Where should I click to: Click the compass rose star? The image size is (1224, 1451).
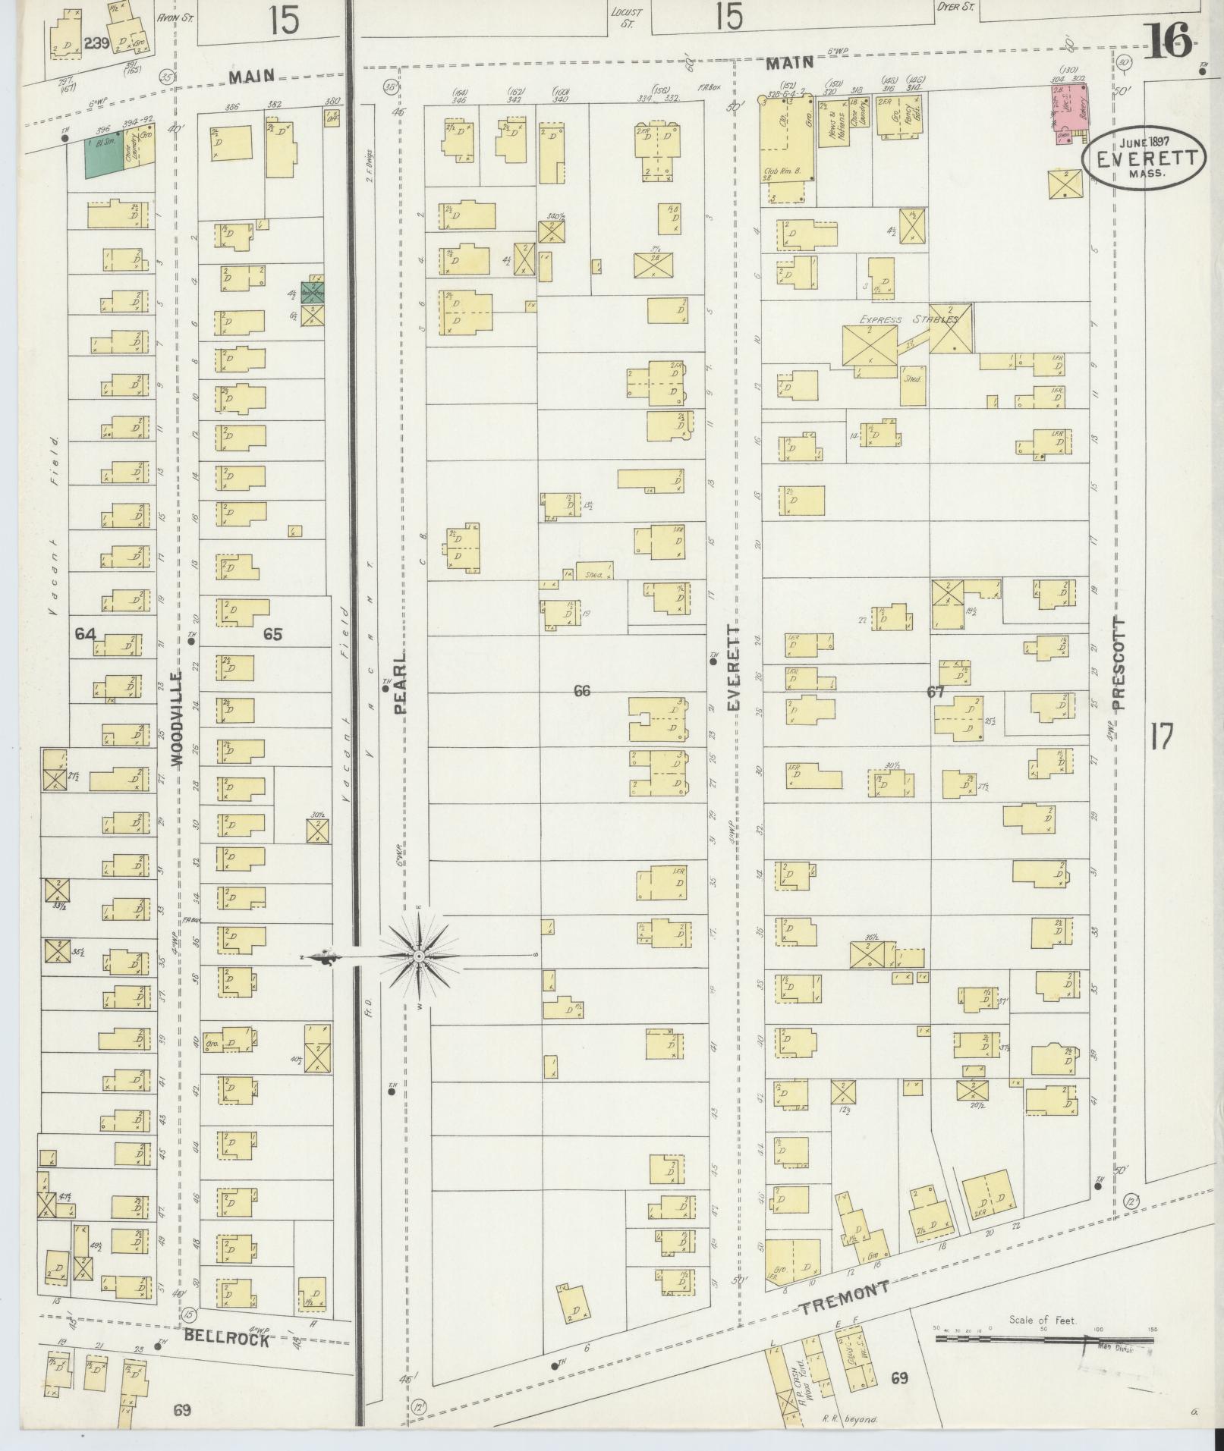[x=418, y=957]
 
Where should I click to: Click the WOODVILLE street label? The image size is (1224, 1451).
[x=178, y=719]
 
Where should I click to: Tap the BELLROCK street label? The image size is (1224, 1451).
[x=225, y=1340]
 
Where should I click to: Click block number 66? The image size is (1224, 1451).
[x=582, y=690]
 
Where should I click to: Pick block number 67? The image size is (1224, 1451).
[x=935, y=691]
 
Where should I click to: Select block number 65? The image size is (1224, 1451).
[x=272, y=634]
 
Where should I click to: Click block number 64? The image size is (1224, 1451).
[x=85, y=633]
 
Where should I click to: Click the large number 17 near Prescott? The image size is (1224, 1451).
[x=1162, y=736]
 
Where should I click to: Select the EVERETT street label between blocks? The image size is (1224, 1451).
[x=733, y=667]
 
